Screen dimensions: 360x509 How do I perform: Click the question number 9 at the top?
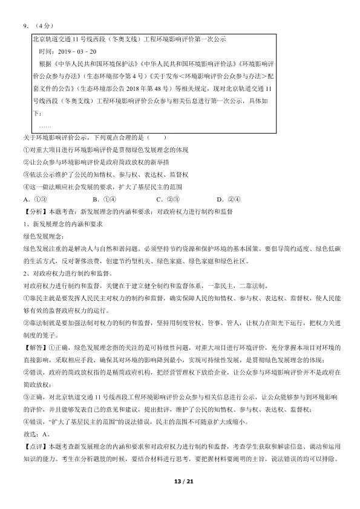pyautogui.click(x=25, y=25)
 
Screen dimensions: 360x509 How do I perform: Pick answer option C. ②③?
pyautogui.click(x=166, y=198)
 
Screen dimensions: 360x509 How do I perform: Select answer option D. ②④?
pyautogui.click(x=229, y=198)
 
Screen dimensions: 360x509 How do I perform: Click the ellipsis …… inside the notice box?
pyautogui.click(x=45, y=125)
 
